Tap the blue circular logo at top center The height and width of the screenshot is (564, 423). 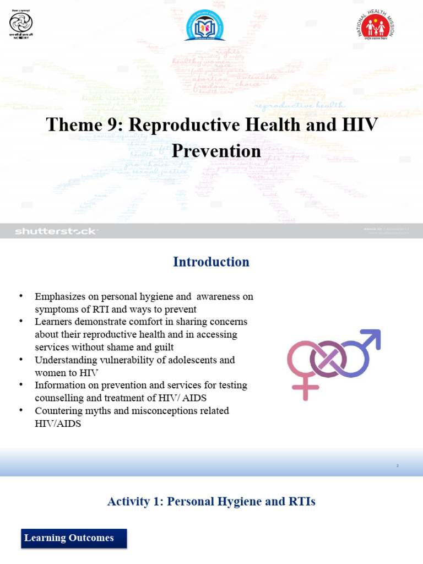coord(204,25)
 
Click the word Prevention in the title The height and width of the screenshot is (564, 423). coord(216,151)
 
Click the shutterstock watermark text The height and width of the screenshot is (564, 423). coord(56,231)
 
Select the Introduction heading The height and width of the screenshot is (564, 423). coord(211,262)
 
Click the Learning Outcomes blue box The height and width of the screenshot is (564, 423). coord(74,538)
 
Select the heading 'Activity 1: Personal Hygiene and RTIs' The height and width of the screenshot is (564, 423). coord(211,501)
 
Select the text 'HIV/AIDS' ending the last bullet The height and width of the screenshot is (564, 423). coord(58,424)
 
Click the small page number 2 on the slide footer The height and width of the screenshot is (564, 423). coord(397,466)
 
